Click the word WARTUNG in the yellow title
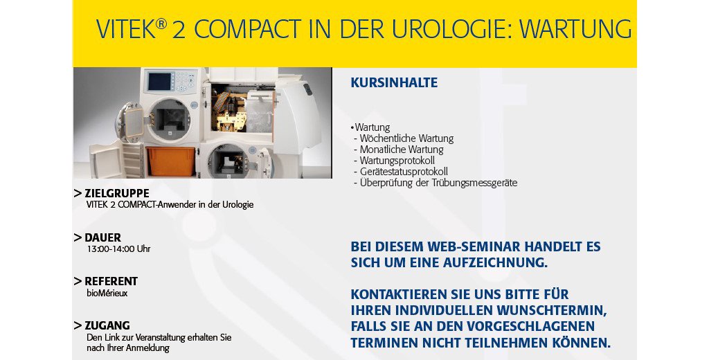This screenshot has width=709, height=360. (x=575, y=29)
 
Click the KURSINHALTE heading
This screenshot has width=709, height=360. (x=394, y=83)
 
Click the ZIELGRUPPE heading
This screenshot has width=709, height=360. (x=116, y=194)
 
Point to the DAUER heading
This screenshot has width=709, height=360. (x=102, y=238)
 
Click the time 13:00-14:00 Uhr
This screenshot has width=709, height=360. (x=119, y=249)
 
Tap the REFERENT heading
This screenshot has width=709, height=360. (x=111, y=281)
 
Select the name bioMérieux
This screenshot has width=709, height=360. (x=107, y=293)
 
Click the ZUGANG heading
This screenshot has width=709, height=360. (x=107, y=325)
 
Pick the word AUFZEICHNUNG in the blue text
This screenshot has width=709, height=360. (x=495, y=263)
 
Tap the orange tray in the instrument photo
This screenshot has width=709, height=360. (x=170, y=161)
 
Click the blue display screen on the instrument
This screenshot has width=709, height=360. (x=160, y=82)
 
